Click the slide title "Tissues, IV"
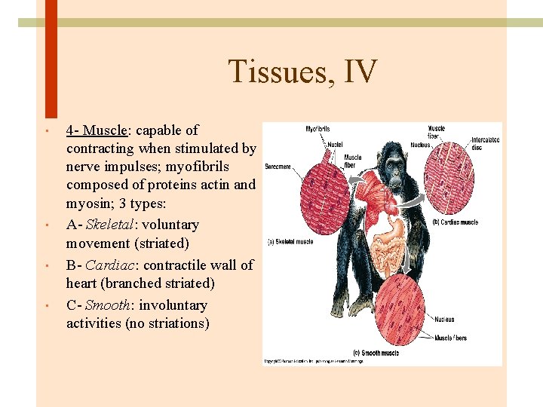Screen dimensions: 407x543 (302, 72)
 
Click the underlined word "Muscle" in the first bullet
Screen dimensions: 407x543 (104, 130)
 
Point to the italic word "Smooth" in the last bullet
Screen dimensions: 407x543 (108, 305)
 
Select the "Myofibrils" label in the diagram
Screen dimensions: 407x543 (317, 129)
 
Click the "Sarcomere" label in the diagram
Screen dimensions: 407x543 (277, 167)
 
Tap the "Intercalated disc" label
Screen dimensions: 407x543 (485, 142)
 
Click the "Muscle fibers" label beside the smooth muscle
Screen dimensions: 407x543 (450, 338)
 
